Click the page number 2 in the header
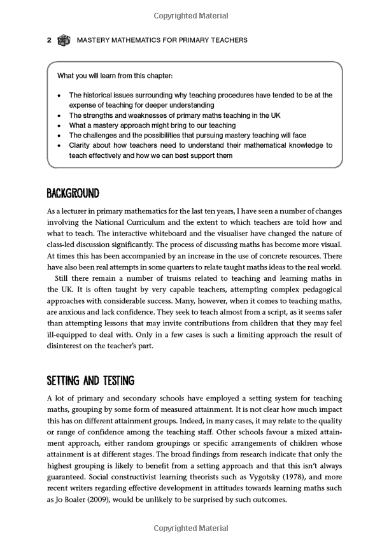pyautogui.click(x=49, y=40)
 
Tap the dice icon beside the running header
pyautogui.click(x=64, y=40)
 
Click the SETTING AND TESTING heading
pyautogui.click(x=90, y=381)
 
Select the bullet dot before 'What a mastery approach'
pyautogui.click(x=59, y=126)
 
